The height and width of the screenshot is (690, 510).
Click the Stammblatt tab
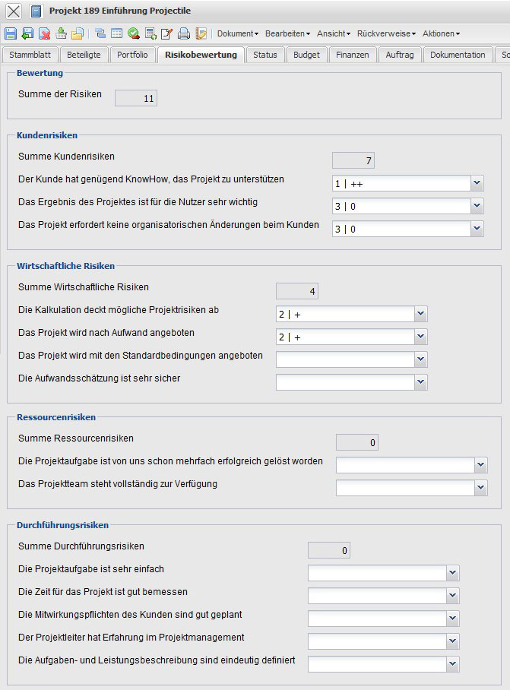point(30,55)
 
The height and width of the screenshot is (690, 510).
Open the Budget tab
point(306,55)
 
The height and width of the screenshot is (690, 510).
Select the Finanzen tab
point(353,55)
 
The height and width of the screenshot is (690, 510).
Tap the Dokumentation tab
point(457,55)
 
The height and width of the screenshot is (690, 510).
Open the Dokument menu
point(237,33)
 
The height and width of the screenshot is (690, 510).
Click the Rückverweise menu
point(387,33)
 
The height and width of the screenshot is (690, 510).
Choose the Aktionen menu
point(441,33)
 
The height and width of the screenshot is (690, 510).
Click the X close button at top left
point(14,11)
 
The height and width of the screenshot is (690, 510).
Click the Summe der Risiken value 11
point(135,97)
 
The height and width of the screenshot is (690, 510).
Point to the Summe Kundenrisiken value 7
point(353,160)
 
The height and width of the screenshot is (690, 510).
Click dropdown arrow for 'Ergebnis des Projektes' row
point(477,206)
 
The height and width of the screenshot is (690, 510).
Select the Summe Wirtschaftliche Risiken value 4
point(297,290)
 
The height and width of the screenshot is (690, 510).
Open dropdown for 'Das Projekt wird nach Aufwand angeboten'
point(420,337)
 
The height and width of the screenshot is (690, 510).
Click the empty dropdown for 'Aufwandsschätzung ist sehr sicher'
point(351,382)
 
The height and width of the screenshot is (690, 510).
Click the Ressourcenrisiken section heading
point(55,416)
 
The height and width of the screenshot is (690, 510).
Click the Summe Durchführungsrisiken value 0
point(328,550)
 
